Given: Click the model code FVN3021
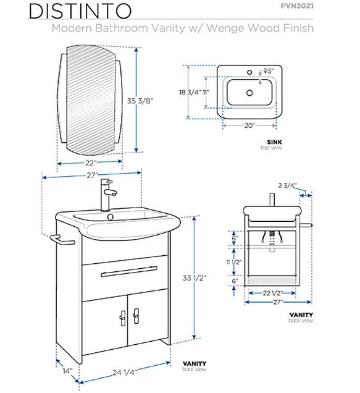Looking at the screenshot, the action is click(x=297, y=6).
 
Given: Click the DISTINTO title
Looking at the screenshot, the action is click(x=80, y=11).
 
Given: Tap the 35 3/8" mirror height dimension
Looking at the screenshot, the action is click(x=140, y=101).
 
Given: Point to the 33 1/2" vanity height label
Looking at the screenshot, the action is click(x=194, y=278).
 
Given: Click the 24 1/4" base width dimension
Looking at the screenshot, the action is click(x=125, y=373).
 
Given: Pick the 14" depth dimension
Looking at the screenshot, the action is click(x=68, y=371).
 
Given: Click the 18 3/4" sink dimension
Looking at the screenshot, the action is click(x=190, y=92).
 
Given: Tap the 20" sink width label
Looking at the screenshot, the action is click(x=249, y=125).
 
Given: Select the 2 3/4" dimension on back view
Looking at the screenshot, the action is click(x=287, y=185).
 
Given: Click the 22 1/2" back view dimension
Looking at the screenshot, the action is click(x=272, y=293).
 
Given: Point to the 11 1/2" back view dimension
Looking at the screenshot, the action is click(x=234, y=262).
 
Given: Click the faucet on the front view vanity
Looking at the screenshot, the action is click(x=107, y=195).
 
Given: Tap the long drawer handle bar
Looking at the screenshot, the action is click(x=129, y=272).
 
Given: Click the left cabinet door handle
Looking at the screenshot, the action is click(x=123, y=318).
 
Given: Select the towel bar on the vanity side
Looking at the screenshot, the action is click(x=62, y=240).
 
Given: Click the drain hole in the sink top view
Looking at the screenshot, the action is click(x=249, y=93).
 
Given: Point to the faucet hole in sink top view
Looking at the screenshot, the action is click(x=249, y=72).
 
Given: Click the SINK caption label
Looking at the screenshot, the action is click(x=274, y=142).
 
